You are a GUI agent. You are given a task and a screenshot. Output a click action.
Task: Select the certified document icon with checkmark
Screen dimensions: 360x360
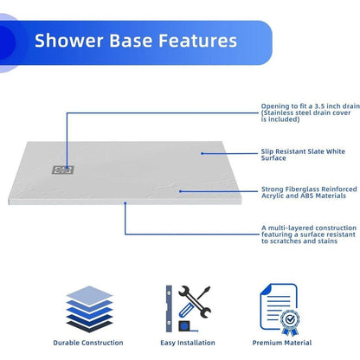(279, 305)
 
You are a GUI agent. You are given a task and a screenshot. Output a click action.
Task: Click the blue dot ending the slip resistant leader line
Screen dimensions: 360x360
(202, 154)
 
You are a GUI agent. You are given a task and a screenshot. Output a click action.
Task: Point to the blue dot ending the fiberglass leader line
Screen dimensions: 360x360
(180, 191)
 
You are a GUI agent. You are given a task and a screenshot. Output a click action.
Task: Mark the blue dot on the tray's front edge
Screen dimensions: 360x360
(126, 205)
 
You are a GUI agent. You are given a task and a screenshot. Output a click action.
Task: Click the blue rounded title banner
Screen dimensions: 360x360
(130, 41)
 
